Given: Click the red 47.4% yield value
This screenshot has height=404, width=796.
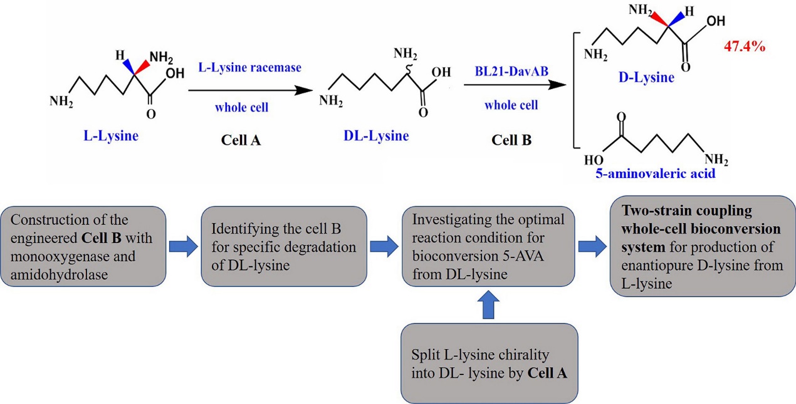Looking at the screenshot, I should coord(745,48).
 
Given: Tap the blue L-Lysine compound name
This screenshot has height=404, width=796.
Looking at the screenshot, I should coord(111,135).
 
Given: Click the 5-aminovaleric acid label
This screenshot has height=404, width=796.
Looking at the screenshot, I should coord(655,174).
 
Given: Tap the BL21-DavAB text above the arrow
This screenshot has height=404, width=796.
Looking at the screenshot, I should coord(511,73).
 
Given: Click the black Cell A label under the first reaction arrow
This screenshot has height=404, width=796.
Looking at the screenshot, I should coord(241,140).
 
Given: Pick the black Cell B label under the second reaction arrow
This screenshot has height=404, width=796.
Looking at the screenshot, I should coord(511,140).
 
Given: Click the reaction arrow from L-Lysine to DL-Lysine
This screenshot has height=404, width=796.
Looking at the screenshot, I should coord(249,90).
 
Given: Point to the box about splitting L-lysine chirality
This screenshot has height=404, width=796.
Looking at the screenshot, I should coord(489,363).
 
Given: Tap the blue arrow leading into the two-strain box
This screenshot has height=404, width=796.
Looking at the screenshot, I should coord(592,246).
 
